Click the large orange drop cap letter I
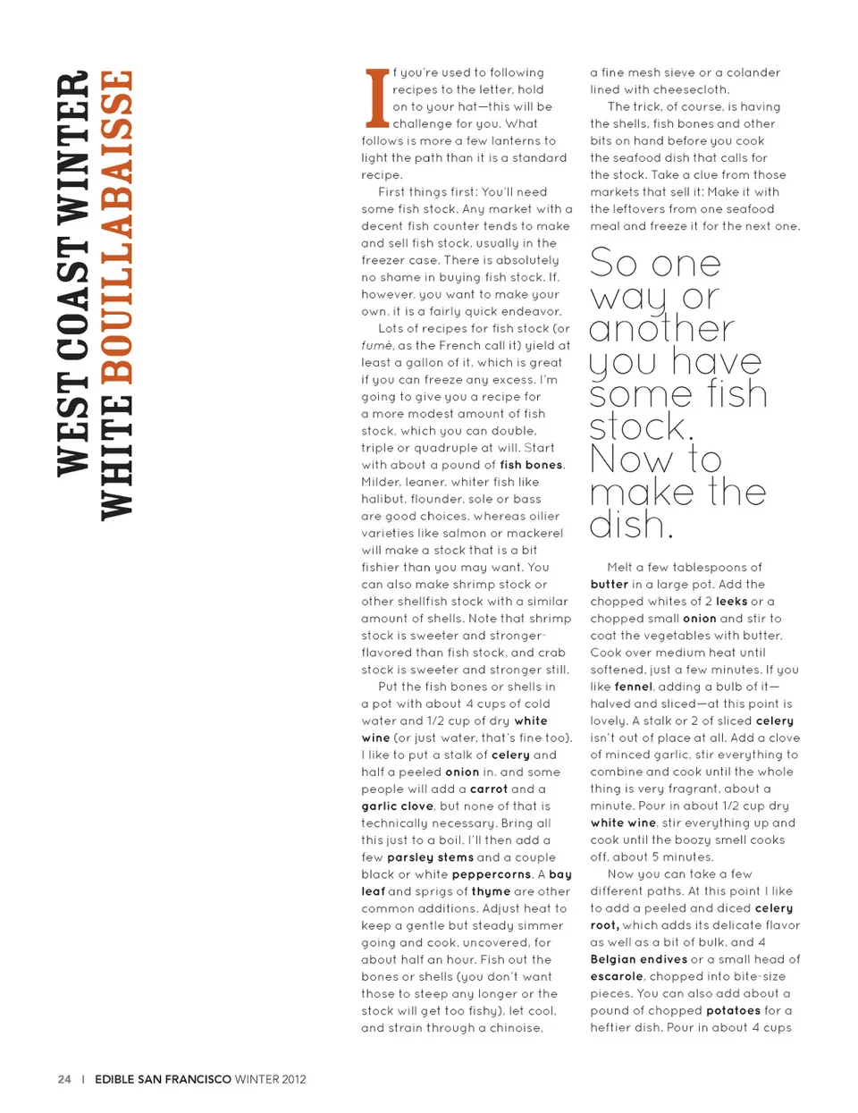(376, 97)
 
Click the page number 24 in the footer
(64, 1079)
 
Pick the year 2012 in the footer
(293, 1079)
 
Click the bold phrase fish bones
(531, 465)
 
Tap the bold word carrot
(488, 789)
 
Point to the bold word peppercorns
(492, 874)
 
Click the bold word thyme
(491, 891)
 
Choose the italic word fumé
(376, 346)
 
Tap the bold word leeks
(731, 602)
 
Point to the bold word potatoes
(733, 1010)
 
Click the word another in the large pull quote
(661, 329)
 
